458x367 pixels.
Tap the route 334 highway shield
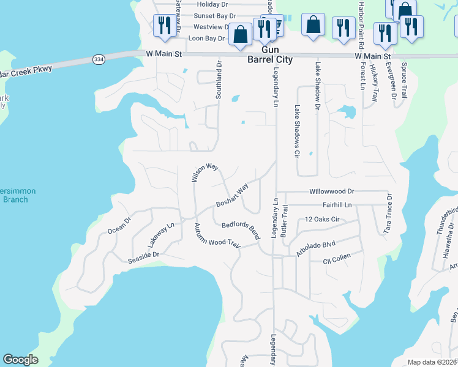pyautogui.click(x=98, y=59)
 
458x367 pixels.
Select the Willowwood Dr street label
pyautogui.click(x=332, y=191)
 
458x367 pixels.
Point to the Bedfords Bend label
pyautogui.click(x=241, y=231)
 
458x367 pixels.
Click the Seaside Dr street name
pyautogui.click(x=143, y=254)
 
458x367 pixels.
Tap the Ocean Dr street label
pyautogui.click(x=119, y=225)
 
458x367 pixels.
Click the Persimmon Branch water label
pyautogui.click(x=17, y=195)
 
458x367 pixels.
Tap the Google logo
pyautogui.click(x=20, y=360)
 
